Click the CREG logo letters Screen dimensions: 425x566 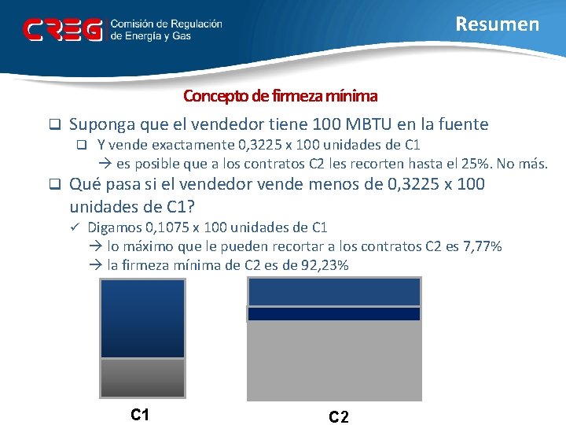[x=63, y=30]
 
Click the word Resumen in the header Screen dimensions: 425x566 [x=498, y=24]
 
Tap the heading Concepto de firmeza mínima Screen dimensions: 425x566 [x=280, y=96]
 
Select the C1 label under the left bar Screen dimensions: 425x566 [x=141, y=414]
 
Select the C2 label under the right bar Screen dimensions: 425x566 [x=339, y=416]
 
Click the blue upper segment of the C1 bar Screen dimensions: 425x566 [x=143, y=318]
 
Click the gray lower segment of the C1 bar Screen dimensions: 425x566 [x=143, y=379]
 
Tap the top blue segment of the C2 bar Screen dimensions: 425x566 [x=334, y=291]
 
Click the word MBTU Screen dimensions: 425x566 [x=364, y=124]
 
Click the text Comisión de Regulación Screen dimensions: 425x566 [x=166, y=24]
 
